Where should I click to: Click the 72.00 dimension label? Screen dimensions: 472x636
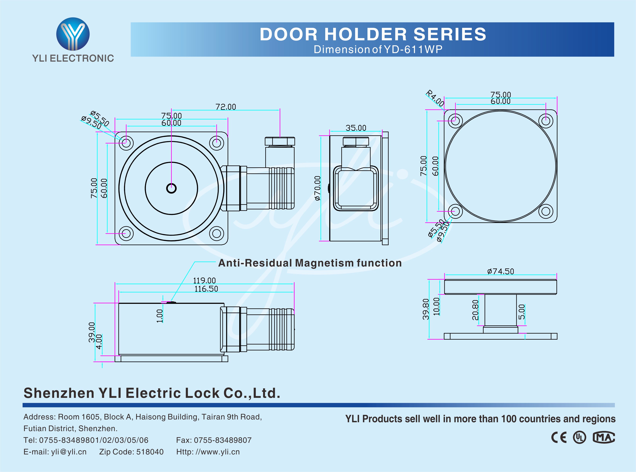pyautogui.click(x=226, y=107)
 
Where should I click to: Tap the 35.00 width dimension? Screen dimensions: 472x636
pyautogui.click(x=356, y=128)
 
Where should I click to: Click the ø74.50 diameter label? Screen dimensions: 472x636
pyautogui.click(x=501, y=271)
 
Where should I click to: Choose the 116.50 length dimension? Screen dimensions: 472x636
pyautogui.click(x=206, y=289)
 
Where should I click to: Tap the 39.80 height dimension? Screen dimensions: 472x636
pyautogui.click(x=426, y=309)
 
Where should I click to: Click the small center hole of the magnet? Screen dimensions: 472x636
pyautogui.click(x=171, y=188)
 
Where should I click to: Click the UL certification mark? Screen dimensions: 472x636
pyautogui.click(x=579, y=437)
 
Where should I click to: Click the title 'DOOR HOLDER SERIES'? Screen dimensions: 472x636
pyautogui.click(x=373, y=34)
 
